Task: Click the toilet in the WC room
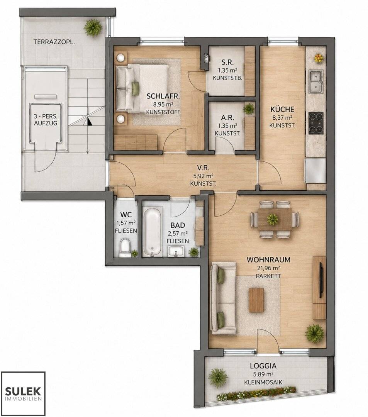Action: pos(125,248)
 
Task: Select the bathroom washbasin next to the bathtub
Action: pos(175,251)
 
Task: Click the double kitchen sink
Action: pos(316,81)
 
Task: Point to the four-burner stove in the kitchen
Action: pos(316,123)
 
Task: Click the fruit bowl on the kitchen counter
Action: pos(318,58)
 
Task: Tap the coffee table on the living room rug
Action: pos(256,300)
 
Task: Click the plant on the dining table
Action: pos(273,219)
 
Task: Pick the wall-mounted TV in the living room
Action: pos(321,280)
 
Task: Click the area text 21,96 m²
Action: pos(268,268)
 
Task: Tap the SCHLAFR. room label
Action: pos(163,96)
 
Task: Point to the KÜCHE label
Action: pos(282,109)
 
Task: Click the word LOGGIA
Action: pos(263,366)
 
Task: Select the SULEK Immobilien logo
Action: pos(23,393)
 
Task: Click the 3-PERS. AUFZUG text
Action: pos(46,120)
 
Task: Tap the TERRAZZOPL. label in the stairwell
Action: pos(54,42)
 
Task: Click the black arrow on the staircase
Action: pos(89,122)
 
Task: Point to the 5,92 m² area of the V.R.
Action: pos(203,176)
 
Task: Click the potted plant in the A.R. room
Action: pos(249,109)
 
